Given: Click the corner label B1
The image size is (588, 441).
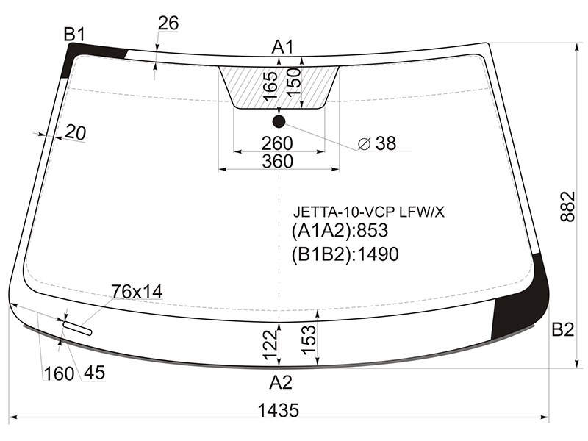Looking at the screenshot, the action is (x=75, y=35).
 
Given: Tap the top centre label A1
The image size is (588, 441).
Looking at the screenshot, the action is (x=283, y=47).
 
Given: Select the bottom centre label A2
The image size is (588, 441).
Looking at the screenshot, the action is (x=281, y=382).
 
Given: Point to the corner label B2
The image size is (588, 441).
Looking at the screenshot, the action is (x=563, y=329).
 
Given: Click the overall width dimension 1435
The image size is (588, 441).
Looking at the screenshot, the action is (x=279, y=410).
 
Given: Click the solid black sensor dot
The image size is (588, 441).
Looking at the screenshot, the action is (x=279, y=121).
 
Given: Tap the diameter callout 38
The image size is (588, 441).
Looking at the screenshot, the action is (x=377, y=143).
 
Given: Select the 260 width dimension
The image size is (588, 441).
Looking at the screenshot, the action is (x=277, y=143).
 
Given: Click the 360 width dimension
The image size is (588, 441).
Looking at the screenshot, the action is (x=278, y=161).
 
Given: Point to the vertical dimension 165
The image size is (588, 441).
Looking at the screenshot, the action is (x=270, y=86).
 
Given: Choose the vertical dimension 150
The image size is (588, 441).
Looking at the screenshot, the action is (x=294, y=82).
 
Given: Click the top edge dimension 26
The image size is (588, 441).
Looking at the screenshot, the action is (x=168, y=24).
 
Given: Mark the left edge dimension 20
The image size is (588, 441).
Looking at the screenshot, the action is (x=76, y=133).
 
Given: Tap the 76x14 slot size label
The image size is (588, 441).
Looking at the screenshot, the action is (x=137, y=291).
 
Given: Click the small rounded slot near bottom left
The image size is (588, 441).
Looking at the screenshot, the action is (x=78, y=328).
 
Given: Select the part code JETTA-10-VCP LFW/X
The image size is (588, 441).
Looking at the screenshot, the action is (x=369, y=212).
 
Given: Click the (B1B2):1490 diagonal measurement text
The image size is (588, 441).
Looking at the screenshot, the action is (x=345, y=254).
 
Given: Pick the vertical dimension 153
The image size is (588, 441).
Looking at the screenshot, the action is (x=309, y=340).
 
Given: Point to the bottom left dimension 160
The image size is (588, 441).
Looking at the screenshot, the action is (x=59, y=374).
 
